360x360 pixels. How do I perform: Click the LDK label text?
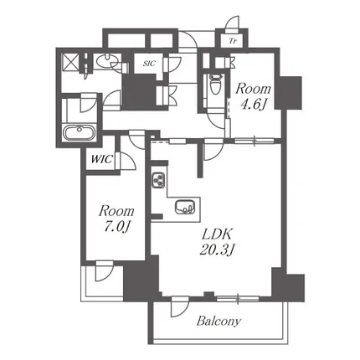(217, 234)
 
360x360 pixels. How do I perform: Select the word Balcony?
(219, 321)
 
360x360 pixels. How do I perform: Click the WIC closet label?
(102, 159)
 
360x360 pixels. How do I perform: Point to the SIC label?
(149, 64)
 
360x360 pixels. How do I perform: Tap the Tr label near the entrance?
(233, 42)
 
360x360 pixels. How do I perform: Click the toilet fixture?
(215, 84)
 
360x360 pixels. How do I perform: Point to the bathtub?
(80, 133)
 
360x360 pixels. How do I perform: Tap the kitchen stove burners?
(158, 180)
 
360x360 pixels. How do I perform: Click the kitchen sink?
(184, 207)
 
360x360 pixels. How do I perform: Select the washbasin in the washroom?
(105, 61)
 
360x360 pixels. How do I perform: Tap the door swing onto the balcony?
(180, 306)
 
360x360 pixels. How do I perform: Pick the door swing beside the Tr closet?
(232, 23)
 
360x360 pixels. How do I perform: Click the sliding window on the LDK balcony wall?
(238, 299)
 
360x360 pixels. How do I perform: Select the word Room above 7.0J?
(116, 211)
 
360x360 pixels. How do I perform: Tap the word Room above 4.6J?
(253, 89)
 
